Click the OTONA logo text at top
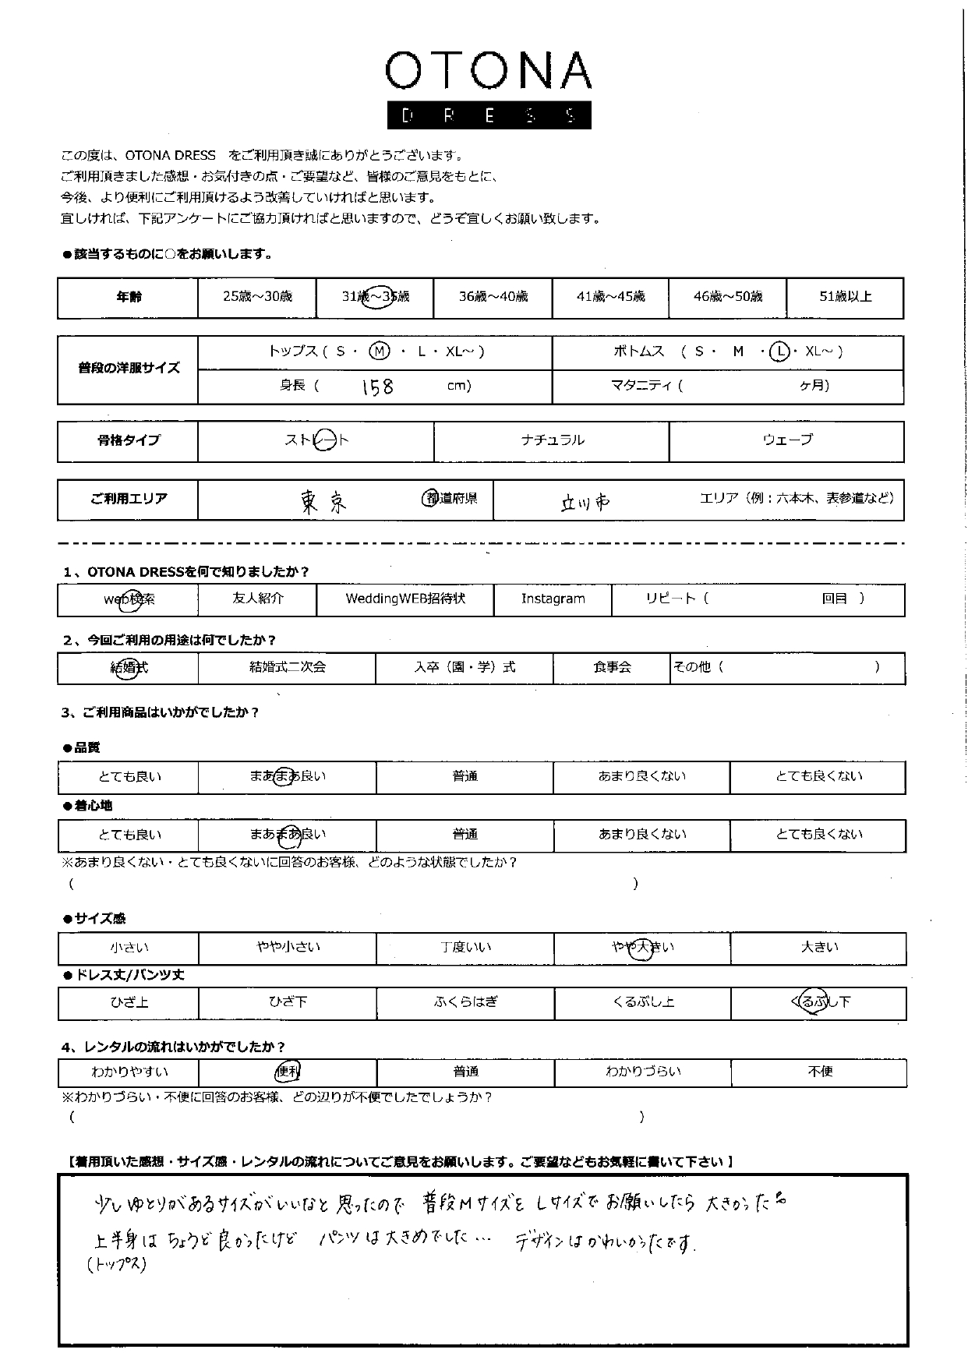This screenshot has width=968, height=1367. click(x=488, y=72)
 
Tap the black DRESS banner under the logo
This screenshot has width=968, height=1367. click(x=489, y=115)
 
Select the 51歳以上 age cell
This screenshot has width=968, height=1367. click(x=845, y=297)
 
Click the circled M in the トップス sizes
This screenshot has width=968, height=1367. click(x=379, y=351)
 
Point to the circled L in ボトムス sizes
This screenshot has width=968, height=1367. click(x=779, y=352)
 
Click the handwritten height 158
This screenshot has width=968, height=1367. click(x=377, y=387)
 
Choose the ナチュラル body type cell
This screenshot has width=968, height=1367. click(x=552, y=440)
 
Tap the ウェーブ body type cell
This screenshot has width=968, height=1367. click(x=786, y=440)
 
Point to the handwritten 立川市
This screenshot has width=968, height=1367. click(x=585, y=503)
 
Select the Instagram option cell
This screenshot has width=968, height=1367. click(x=553, y=599)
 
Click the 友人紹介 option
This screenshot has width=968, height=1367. click(x=258, y=599)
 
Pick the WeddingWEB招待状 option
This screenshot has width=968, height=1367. click(x=405, y=599)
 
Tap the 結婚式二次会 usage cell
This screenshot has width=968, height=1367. click(x=287, y=668)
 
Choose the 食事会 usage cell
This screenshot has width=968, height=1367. click(x=612, y=668)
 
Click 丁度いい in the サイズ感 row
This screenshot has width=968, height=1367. click(x=465, y=948)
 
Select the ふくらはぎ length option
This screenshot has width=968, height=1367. click(x=465, y=1002)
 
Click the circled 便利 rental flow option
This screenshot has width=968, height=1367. click(x=288, y=1072)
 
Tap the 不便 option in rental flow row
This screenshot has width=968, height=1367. click(x=820, y=1072)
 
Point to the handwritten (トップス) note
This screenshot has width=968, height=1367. click(x=118, y=1265)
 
